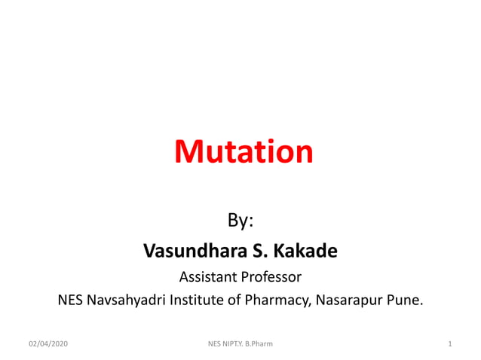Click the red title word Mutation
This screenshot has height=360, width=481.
pos(244,152)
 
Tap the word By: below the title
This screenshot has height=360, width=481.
pos(240,221)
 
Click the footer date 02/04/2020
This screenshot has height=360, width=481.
pos(48,344)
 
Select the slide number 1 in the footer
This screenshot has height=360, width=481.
pos(449,344)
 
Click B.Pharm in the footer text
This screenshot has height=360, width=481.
pos(257,344)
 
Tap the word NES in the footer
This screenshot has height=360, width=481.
pos(213,344)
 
